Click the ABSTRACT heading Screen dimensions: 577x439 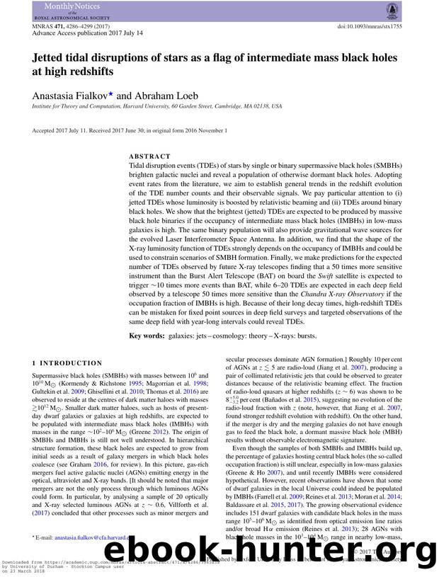click(149, 156)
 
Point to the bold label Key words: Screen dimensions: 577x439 click(147, 336)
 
